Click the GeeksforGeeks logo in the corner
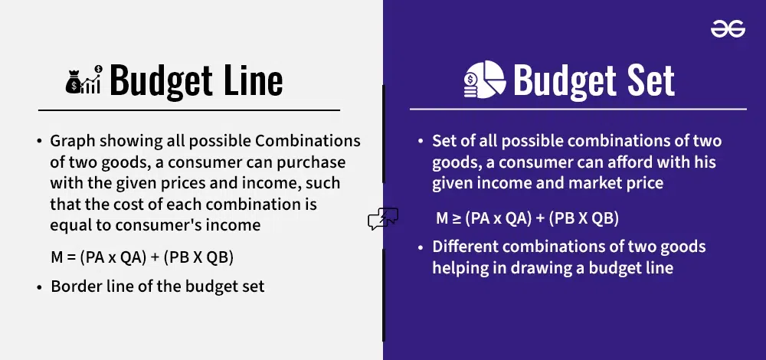[x=728, y=29]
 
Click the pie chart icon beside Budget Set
[x=485, y=80]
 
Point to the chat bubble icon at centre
[x=383, y=219]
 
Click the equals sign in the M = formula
[x=70, y=258]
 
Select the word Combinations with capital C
[x=308, y=141]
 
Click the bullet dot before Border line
[x=40, y=287]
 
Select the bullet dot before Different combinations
[x=421, y=247]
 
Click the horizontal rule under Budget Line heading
[x=189, y=110]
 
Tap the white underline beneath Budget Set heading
[x=578, y=109]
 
